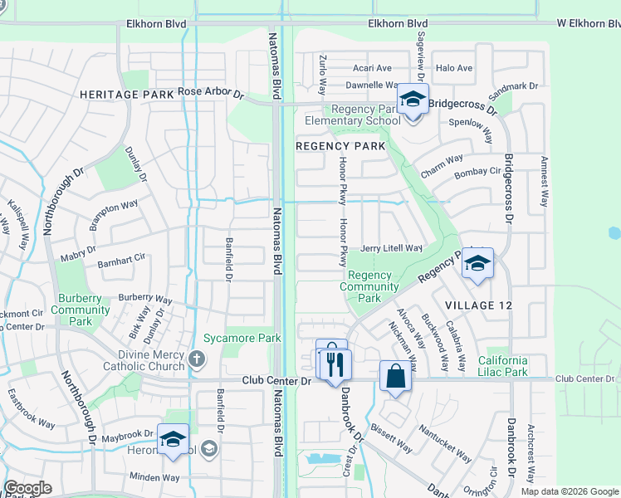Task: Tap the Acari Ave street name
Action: coord(371,68)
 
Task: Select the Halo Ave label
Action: coord(453,68)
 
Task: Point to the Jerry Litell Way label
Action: coord(391,248)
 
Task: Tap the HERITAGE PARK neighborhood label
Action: coord(126,95)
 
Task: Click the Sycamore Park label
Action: coord(242,338)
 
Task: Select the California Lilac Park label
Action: coord(503,366)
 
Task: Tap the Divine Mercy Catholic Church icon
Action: coord(196,359)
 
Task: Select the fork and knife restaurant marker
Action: coord(335,364)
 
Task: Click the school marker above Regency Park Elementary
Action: coord(412,99)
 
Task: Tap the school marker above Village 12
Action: coord(477,263)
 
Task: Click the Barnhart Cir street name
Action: coord(121,265)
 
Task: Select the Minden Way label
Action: coord(154,477)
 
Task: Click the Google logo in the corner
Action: coord(27,488)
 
